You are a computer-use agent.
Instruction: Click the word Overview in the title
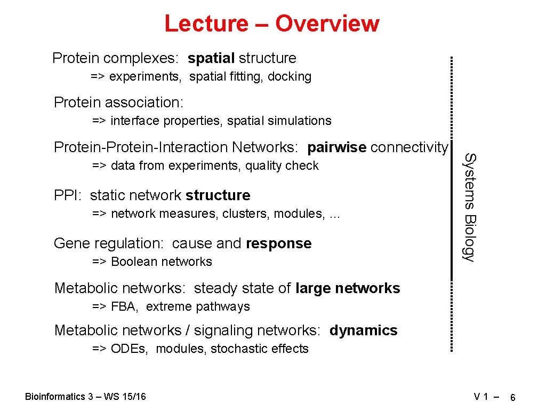pos(327,23)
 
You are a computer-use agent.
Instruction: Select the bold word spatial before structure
pos(211,58)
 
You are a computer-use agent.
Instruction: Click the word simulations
pos(303,121)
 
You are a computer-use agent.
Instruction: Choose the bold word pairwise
pos(337,147)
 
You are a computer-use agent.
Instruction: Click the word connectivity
pos(409,147)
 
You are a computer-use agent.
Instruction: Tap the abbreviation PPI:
pos(69,195)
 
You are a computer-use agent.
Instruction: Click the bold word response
pos(279,243)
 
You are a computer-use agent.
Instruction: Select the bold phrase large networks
pos(347,288)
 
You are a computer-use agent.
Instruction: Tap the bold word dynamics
pos(363,330)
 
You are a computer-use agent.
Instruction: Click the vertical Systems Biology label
pos(468,207)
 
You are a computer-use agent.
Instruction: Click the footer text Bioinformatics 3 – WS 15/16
pos(85,396)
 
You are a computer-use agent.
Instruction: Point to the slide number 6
pos(512,398)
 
